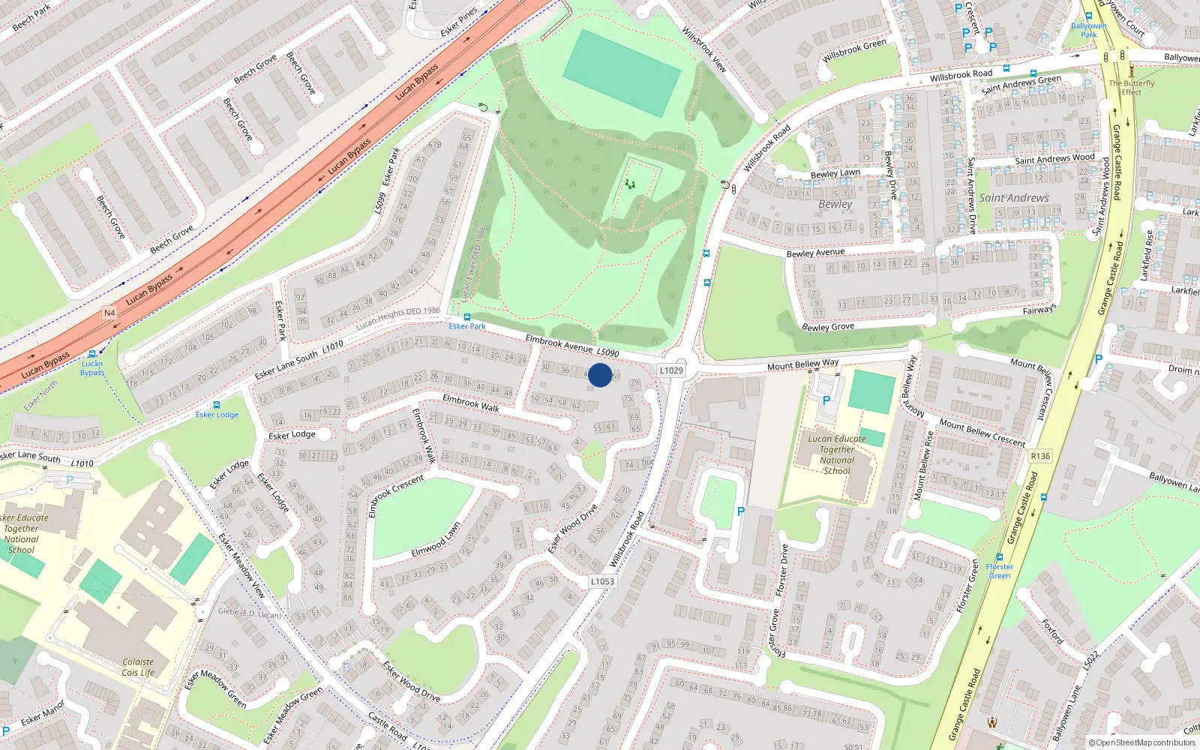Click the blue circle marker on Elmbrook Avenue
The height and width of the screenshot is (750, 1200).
click(x=600, y=375)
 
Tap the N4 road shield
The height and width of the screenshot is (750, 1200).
click(x=109, y=313)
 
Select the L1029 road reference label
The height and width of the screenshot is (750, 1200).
click(x=671, y=370)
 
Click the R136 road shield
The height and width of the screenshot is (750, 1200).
click(x=1040, y=456)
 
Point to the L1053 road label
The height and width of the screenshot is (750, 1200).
click(x=601, y=581)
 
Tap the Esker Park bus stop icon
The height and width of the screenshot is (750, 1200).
click(x=467, y=317)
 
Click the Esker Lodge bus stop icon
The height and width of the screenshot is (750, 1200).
click(x=217, y=405)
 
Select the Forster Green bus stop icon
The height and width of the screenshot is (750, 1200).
click(x=999, y=558)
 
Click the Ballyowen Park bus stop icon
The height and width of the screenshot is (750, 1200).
click(x=1088, y=16)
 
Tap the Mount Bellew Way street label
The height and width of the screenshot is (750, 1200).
click(x=802, y=365)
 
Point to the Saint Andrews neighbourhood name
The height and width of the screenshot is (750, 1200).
click(x=1014, y=198)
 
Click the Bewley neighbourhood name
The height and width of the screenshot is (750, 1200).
click(x=835, y=204)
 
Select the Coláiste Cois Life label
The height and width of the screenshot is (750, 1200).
click(x=138, y=667)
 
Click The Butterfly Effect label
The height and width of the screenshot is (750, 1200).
click(x=1132, y=88)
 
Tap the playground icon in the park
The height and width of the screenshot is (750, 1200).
click(x=630, y=184)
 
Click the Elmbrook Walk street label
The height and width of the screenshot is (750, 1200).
click(x=471, y=403)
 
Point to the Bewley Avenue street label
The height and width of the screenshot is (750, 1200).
click(x=815, y=253)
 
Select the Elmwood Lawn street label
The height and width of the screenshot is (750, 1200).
click(x=436, y=541)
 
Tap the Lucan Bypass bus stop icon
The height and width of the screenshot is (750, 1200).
click(x=92, y=353)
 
